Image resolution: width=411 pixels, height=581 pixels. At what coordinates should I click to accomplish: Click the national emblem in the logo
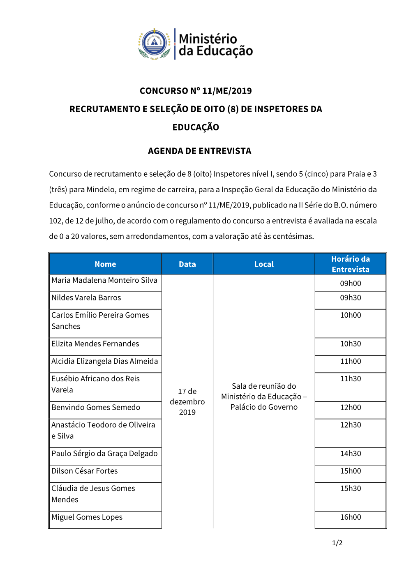tap(155, 44)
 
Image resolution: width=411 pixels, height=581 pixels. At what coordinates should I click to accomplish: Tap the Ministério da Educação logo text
tap(215, 44)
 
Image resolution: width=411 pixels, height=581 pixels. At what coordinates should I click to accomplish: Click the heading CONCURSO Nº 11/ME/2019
tap(196, 91)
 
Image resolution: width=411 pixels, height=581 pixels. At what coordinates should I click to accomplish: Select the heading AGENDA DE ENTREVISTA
tap(199, 151)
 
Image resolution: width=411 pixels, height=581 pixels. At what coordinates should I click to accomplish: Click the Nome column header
tap(105, 264)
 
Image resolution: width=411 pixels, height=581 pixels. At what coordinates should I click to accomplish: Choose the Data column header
tap(187, 264)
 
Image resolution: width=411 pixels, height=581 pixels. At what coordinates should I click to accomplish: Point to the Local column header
tap(264, 264)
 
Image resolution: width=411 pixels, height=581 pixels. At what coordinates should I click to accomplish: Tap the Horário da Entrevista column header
tap(350, 264)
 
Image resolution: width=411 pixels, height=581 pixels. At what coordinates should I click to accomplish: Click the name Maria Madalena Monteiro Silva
tap(104, 280)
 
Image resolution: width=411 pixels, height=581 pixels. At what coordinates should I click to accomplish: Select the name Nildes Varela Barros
tap(86, 297)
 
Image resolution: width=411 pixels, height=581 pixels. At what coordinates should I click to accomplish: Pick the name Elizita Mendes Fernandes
tap(95, 344)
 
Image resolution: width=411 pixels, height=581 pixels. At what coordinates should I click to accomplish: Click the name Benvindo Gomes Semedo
tap(96, 407)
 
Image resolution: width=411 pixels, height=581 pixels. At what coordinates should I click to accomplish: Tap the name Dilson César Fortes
tap(85, 471)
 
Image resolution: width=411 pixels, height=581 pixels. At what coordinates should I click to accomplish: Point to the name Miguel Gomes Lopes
tap(87, 517)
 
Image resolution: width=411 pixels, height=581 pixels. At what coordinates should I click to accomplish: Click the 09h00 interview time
tap(350, 284)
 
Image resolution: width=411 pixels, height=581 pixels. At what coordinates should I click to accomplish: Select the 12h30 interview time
tap(350, 425)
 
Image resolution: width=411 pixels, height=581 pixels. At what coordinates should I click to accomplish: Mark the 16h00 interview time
tap(350, 517)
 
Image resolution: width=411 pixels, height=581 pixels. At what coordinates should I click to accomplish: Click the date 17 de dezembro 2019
tap(187, 401)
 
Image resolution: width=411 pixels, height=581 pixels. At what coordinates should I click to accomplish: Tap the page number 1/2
tap(337, 543)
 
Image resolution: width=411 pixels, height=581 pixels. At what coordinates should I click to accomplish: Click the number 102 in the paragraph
tap(55, 221)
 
